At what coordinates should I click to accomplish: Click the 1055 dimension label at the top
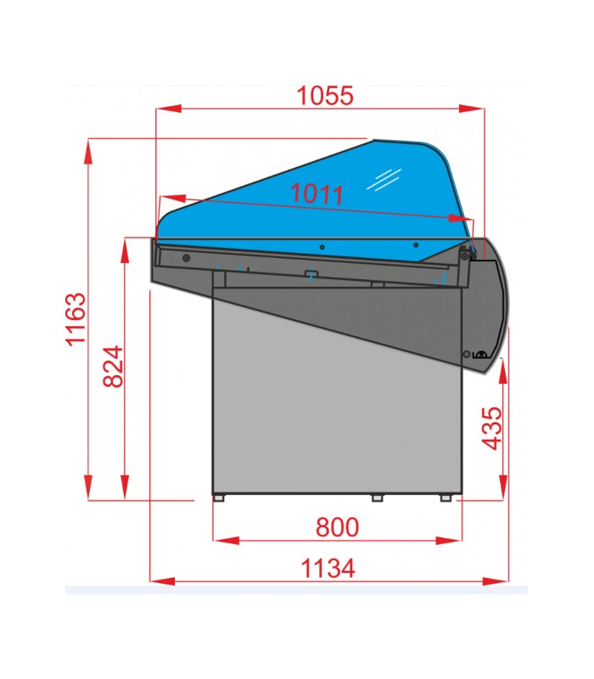325,96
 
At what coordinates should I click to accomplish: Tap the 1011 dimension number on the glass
317,194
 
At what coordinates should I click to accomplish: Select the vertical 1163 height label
76,319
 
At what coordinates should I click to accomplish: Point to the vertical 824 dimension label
113,366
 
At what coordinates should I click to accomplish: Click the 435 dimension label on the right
492,429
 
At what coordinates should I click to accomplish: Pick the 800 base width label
337,527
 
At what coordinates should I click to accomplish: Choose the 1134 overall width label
328,568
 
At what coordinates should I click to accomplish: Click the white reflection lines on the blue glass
384,179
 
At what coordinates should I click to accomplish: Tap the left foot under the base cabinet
219,498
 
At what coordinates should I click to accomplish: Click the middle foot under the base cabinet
378,498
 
